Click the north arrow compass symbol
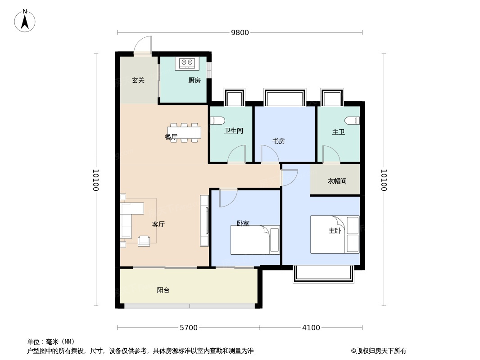[x=25, y=21]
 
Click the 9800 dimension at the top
[x=240, y=32]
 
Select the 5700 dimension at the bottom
[x=189, y=328]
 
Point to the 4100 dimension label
[x=311, y=328]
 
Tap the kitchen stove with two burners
[x=187, y=63]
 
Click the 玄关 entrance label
[x=138, y=81]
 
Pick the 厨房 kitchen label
[x=195, y=81]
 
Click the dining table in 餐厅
[x=184, y=133]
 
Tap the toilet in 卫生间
[x=218, y=120]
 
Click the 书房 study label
[x=279, y=141]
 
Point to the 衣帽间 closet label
[x=337, y=181]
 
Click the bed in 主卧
[x=335, y=234]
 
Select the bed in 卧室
[x=255, y=240]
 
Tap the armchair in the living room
[x=144, y=241]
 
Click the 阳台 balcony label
[x=163, y=290]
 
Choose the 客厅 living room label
[x=158, y=225]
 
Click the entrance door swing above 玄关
[x=143, y=45]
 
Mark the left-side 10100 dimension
[x=96, y=180]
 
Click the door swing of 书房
[x=270, y=153]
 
